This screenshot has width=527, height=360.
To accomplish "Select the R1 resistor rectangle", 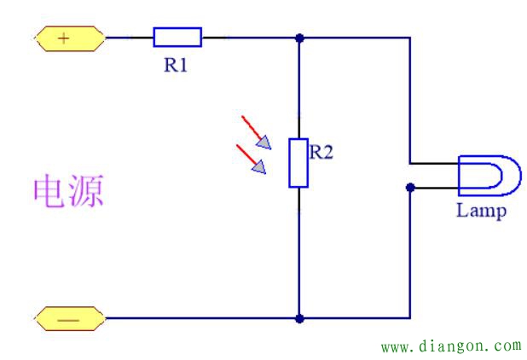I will (177, 37).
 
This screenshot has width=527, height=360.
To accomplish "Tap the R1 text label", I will (177, 66).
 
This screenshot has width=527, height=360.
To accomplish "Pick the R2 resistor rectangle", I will (298, 162).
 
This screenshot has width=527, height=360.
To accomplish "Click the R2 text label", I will (322, 152).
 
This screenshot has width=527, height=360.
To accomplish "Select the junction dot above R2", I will (299, 38).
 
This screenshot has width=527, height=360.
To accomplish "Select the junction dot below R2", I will (299, 319).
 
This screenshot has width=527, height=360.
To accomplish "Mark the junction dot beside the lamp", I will (411, 187).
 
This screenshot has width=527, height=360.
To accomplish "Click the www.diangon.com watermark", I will (450, 346).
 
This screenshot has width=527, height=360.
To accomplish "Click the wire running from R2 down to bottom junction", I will (299, 256).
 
